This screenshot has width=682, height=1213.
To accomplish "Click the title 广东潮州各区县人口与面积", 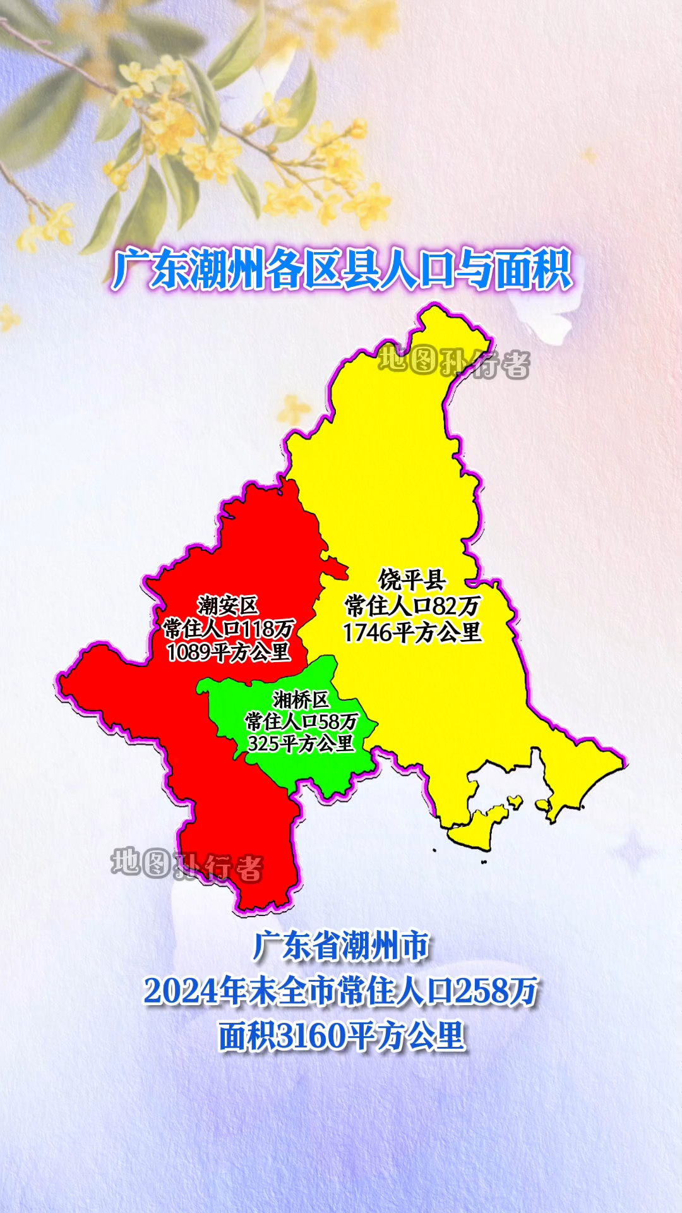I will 342,270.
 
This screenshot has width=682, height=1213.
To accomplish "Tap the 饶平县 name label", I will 412,579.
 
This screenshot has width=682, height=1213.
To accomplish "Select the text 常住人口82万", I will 412,606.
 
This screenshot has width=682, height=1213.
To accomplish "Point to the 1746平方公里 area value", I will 412,632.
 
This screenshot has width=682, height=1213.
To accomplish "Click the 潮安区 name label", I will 227,605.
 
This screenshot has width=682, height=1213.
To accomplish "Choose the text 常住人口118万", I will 229,629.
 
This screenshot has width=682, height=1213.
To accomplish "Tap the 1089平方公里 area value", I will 229,651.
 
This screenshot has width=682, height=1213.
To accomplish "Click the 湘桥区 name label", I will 301,699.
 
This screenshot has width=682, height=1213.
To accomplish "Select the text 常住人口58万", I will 301,721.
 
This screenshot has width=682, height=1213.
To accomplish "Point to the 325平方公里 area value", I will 301,743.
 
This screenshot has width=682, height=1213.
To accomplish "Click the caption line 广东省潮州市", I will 341,946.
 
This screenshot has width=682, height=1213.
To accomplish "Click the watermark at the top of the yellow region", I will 453,363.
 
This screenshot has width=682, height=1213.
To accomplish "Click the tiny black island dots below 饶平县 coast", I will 484,861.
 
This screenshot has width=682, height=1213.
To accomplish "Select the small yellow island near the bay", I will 515,803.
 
